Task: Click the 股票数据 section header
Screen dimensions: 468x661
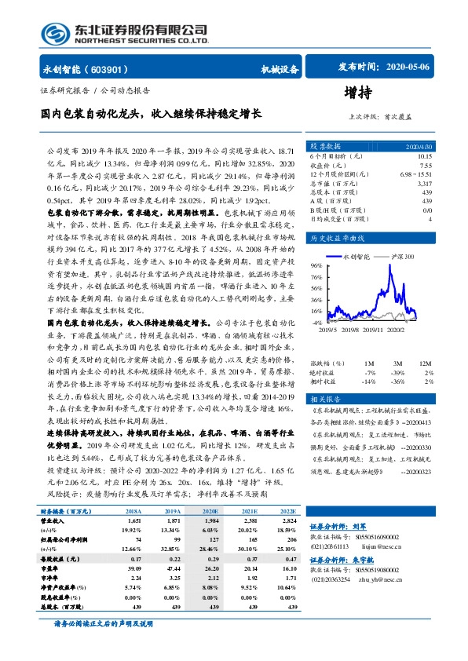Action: (x=325, y=146)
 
